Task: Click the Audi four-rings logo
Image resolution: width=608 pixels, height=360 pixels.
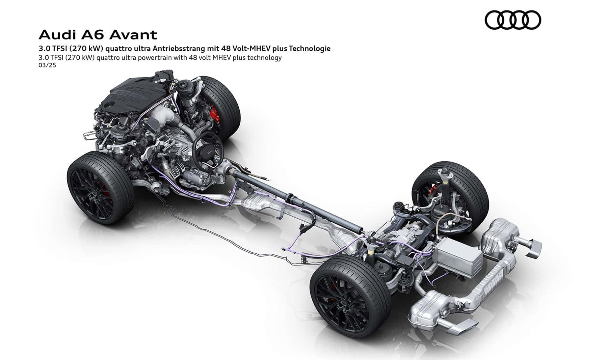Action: (x=513, y=20)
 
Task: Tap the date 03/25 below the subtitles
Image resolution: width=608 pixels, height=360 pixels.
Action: (x=47, y=65)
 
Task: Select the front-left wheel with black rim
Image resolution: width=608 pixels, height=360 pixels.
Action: (x=99, y=188)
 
